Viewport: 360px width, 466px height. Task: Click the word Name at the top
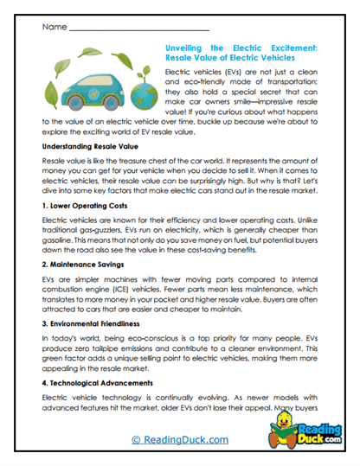51,27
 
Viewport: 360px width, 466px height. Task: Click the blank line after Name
138,29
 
